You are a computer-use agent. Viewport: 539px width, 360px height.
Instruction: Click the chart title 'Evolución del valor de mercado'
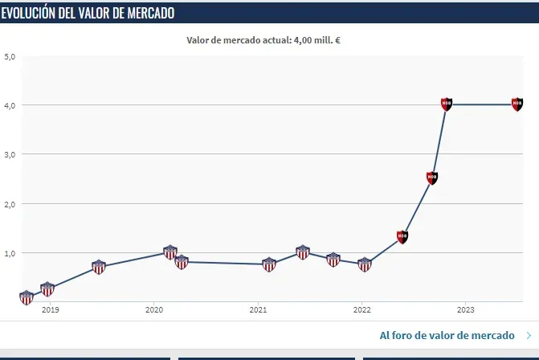88,13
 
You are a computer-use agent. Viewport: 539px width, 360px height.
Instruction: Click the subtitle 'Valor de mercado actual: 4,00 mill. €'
264,39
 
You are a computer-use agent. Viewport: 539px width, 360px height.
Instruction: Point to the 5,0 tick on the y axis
10,56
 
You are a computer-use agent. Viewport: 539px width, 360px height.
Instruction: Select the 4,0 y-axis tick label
10,105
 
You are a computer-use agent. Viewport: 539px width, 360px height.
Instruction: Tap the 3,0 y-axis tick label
10,154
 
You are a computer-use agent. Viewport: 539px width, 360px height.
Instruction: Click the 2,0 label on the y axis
10,204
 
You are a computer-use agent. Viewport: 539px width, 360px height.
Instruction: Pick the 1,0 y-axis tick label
10,253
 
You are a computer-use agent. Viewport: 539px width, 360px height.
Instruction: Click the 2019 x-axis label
50,309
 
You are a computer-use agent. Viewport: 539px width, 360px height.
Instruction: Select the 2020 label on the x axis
154,309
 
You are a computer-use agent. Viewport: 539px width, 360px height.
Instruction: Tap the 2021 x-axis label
258,309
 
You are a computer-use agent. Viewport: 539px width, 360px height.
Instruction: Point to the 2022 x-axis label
361,309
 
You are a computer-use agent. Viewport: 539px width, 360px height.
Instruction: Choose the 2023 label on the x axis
465,309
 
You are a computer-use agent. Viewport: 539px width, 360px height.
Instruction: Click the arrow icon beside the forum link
528,335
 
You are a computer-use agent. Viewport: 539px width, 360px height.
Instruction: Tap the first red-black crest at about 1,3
402,236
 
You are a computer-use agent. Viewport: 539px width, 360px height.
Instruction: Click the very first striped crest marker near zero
27,297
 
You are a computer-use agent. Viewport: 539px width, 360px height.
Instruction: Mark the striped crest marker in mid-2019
99,267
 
